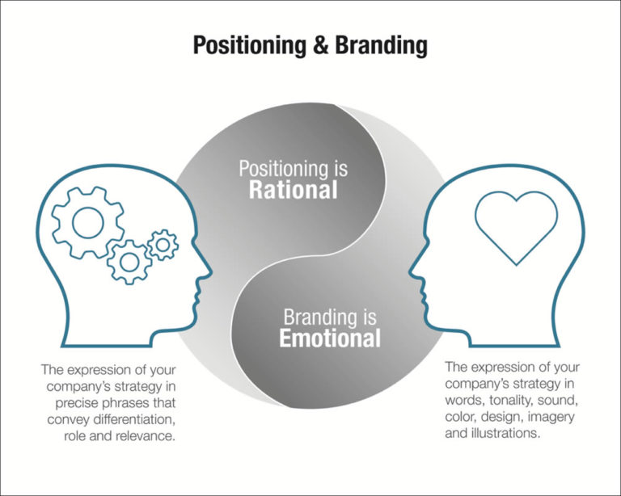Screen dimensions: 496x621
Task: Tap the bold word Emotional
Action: (330, 338)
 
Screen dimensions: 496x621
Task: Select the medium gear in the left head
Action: (129, 260)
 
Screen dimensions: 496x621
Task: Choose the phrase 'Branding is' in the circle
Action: (330, 316)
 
